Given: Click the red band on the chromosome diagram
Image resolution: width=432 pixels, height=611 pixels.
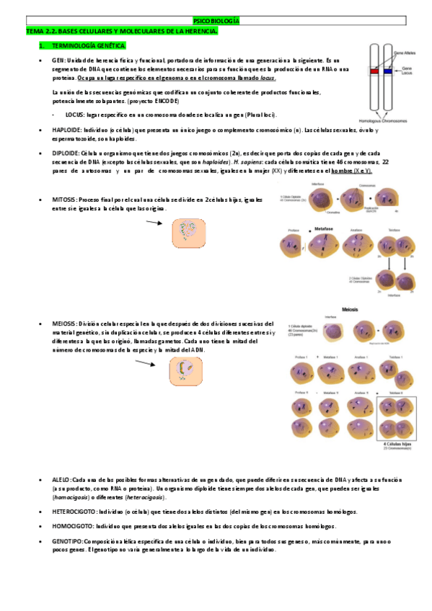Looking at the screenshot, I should tap(374, 72).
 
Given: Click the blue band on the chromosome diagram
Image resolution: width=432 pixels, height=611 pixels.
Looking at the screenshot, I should tap(387, 72).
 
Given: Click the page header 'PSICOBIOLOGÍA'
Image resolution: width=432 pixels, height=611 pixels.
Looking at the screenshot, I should tap(217, 22).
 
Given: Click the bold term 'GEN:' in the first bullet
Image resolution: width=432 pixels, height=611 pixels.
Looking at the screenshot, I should tap(59, 61).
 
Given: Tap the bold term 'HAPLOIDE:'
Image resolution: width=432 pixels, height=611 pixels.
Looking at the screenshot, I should tap(68, 130).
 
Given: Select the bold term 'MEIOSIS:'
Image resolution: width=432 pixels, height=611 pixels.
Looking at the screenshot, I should tap(66, 324).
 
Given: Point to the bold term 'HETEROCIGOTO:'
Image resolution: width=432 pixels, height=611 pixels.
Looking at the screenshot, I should tap(74, 512).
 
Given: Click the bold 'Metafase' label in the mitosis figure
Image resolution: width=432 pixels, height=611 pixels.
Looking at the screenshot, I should tap(325, 227).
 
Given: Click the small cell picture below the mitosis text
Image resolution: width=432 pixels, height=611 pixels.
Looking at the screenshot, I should tap(190, 232).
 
